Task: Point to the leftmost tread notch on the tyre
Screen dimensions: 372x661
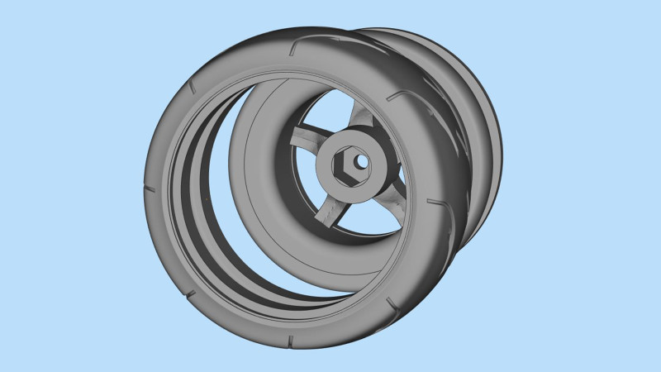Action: [x=150, y=189]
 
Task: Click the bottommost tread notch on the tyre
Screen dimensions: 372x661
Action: [x=292, y=340]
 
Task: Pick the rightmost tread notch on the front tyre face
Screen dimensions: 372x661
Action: [x=432, y=201]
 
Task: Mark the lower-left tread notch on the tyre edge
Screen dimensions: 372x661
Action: [x=189, y=293]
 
